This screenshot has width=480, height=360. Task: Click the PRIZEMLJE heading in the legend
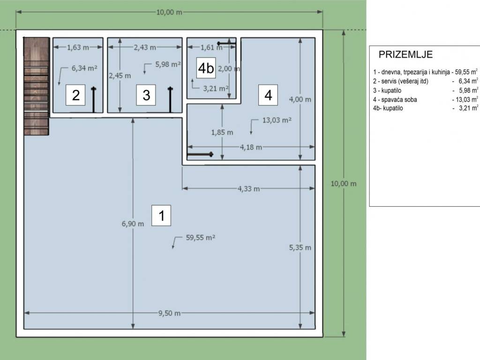405,54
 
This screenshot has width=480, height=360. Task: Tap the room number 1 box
161,216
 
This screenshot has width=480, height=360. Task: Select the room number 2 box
75,95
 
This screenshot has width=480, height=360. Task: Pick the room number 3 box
146,95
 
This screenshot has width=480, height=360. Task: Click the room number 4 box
268,95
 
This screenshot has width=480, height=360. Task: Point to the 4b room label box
206,67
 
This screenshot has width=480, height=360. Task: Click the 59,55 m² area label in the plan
201,238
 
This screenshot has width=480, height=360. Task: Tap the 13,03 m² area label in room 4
277,120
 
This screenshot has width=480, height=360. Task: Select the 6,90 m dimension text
133,224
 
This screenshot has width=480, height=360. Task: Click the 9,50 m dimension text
169,313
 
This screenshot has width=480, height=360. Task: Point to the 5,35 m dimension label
300,247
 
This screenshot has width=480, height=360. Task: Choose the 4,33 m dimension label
248,188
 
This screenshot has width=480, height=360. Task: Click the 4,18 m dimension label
251,147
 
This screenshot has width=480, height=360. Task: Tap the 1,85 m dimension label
222,132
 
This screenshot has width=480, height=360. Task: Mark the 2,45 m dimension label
120,75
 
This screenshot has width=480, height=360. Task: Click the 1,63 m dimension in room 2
78,47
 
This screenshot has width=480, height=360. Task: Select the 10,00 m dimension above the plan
169,12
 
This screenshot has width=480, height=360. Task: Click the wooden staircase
36,86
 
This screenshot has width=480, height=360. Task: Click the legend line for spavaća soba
425,99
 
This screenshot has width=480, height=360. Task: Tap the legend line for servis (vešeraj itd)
425,81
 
